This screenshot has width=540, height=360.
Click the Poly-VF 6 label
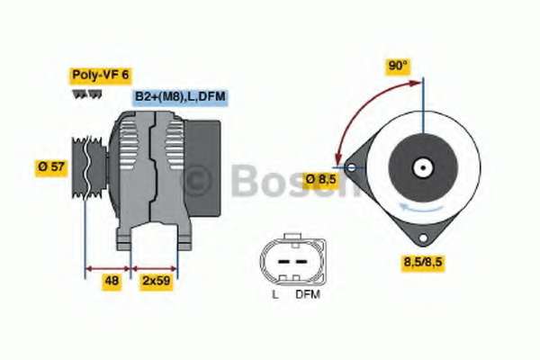click(100, 75)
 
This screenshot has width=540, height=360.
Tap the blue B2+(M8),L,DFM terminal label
click(180, 96)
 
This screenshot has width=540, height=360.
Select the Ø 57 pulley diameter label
click(51, 167)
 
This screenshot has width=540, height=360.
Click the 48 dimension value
click(112, 281)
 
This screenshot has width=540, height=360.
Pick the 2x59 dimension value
click(156, 281)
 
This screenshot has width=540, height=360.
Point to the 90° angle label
click(398, 66)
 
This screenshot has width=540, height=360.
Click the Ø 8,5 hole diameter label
click(321, 179)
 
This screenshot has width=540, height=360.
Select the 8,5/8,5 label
click(423, 262)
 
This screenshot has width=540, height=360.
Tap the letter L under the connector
click(275, 294)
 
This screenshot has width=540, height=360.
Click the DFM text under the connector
click(308, 294)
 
